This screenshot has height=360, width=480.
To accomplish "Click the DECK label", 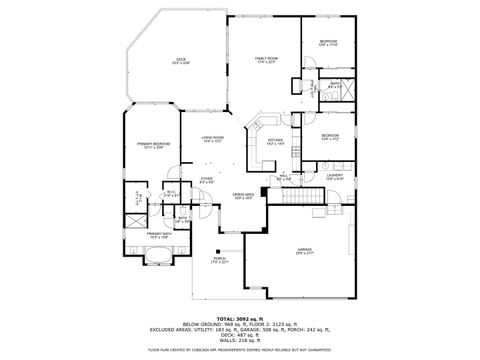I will tap(181, 61).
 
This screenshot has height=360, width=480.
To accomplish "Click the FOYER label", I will tap(207, 181).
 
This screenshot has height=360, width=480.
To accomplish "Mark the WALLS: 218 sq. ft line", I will tap(239, 340).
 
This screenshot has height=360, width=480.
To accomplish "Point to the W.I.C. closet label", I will tap(171, 195).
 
